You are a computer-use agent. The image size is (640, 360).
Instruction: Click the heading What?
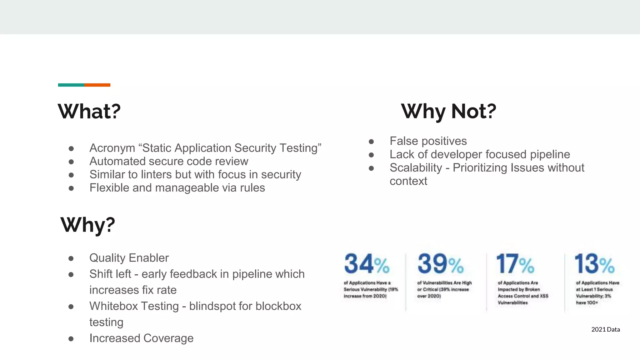(x=89, y=111)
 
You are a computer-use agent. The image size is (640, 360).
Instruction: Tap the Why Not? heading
(x=448, y=111)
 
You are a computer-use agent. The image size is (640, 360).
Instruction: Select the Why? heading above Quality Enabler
(x=88, y=225)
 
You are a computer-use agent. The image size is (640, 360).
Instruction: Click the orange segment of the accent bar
(x=97, y=85)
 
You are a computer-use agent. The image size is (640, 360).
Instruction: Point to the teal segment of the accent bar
(x=71, y=85)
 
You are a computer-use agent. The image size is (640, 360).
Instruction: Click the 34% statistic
(x=367, y=264)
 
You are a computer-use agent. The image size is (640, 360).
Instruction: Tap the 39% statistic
(x=440, y=264)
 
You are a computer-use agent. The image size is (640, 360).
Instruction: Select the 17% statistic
(x=515, y=264)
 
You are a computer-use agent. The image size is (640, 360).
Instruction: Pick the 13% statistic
(x=594, y=264)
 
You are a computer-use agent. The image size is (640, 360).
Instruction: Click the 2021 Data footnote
(x=605, y=329)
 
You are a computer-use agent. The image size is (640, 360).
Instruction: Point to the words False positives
(x=428, y=141)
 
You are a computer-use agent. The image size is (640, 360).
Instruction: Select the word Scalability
(x=416, y=168)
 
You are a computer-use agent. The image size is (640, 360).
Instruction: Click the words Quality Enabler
(x=129, y=258)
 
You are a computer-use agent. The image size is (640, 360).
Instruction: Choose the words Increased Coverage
(x=141, y=338)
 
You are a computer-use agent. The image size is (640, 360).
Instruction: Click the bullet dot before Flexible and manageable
(x=71, y=188)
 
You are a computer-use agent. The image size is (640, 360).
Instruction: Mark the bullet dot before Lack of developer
(x=371, y=155)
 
